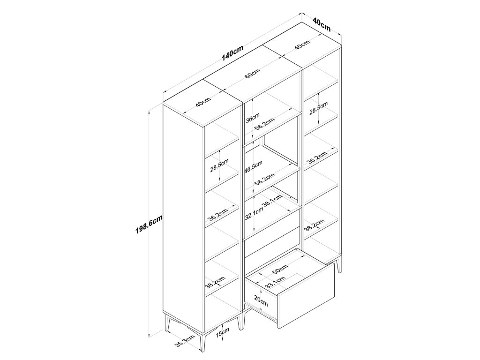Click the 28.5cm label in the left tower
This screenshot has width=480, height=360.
[219, 165]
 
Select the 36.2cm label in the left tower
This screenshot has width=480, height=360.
[217, 215]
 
